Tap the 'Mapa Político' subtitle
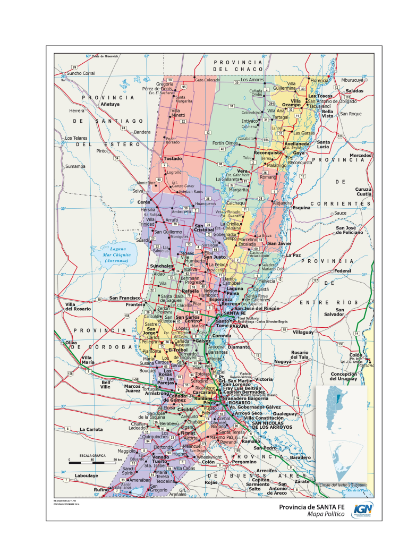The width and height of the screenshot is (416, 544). pos(326,515)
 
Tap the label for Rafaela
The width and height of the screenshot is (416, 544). pos(190,291)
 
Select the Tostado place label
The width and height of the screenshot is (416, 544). pos(172,158)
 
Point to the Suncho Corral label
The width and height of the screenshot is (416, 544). pos(81,73)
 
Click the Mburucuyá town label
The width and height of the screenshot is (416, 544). pos(352,80)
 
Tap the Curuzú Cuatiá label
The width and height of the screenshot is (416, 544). pos(363,192)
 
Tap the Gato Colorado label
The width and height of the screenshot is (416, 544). pos(207,80)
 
